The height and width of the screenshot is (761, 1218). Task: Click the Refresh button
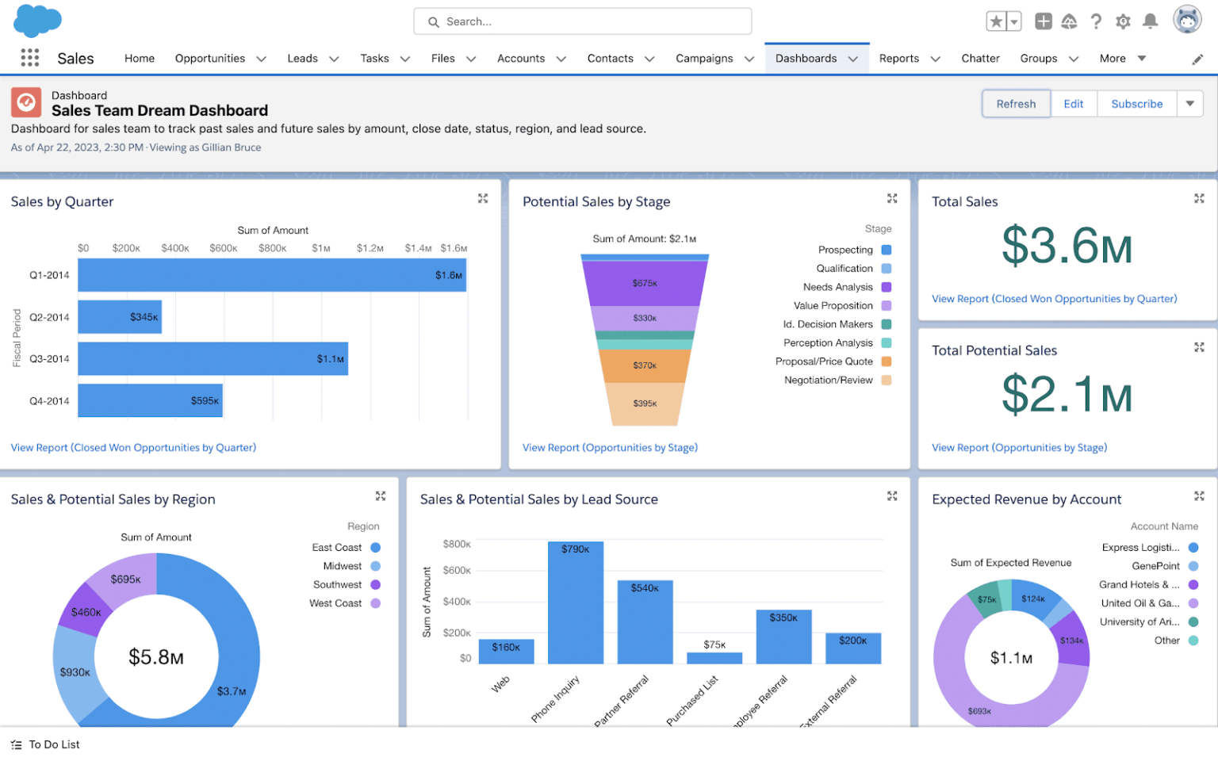click(1016, 104)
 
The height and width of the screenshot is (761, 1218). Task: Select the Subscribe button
click(1136, 104)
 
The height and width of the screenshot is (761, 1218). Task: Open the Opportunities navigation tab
click(210, 59)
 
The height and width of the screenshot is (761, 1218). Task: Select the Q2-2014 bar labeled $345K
click(119, 317)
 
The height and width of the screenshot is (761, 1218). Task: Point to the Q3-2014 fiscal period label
click(49, 359)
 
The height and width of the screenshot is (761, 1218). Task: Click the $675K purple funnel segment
click(644, 283)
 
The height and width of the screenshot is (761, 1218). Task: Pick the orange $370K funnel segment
click(644, 365)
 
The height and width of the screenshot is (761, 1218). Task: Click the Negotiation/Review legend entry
click(829, 380)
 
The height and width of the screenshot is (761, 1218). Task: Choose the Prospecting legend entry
click(845, 250)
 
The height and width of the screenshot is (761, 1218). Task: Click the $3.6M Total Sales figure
click(1067, 246)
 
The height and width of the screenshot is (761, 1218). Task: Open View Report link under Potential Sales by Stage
click(610, 448)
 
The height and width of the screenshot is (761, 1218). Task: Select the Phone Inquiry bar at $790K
click(575, 602)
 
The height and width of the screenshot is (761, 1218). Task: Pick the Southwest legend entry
click(338, 585)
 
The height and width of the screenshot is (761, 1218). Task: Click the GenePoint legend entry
click(1155, 566)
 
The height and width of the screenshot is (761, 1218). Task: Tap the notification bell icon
click(1150, 21)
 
